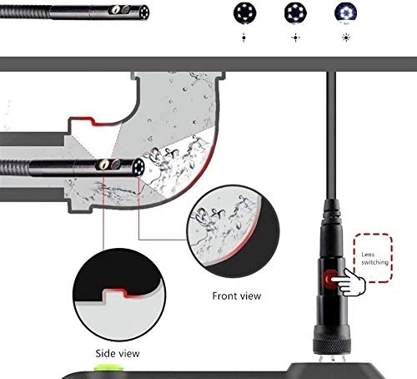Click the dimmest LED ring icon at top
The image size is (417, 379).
(x=244, y=13)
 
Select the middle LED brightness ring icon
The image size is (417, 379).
(x=293, y=13)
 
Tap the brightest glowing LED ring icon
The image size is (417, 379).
(x=344, y=13)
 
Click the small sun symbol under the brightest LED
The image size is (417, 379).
(x=344, y=38)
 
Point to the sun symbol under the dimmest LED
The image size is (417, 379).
(x=244, y=38)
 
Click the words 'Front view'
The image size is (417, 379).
(x=237, y=296)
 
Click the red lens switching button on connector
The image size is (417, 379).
(x=332, y=279)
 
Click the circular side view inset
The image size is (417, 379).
(x=117, y=289)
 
